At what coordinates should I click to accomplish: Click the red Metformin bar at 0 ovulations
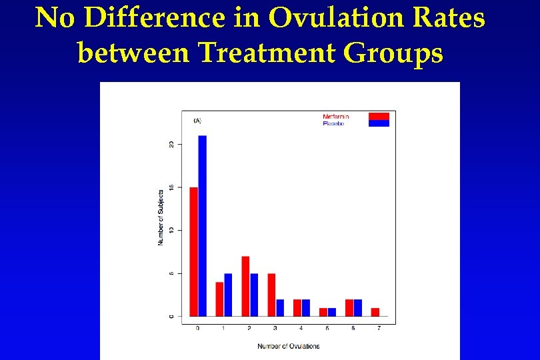pyautogui.click(x=194, y=251)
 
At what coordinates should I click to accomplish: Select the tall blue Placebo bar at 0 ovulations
pyautogui.click(x=203, y=226)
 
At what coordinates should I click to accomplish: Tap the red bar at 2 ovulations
pyautogui.click(x=245, y=286)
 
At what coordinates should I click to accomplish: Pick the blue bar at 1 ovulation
pyautogui.click(x=229, y=295)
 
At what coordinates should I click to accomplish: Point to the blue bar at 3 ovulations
pyautogui.click(x=280, y=307)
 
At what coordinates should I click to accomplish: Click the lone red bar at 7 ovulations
pyautogui.click(x=375, y=312)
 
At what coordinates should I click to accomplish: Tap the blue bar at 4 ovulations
pyautogui.click(x=306, y=307)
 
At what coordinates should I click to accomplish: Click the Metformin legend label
pyautogui.click(x=336, y=117)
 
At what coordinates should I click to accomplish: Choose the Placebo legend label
pyautogui.click(x=334, y=123)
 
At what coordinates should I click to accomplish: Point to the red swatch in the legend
pyautogui.click(x=379, y=116)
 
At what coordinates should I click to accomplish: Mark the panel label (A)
pyautogui.click(x=197, y=121)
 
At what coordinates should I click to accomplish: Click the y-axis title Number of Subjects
pyautogui.click(x=161, y=215)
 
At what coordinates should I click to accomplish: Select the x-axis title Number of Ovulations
pyautogui.click(x=289, y=346)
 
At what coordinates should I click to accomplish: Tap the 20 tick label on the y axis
pyautogui.click(x=171, y=144)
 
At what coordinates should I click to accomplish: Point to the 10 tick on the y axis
pyautogui.click(x=171, y=230)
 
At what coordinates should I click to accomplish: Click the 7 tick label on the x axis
pyautogui.click(x=379, y=329)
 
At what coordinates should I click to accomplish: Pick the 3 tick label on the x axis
pyautogui.click(x=275, y=329)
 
